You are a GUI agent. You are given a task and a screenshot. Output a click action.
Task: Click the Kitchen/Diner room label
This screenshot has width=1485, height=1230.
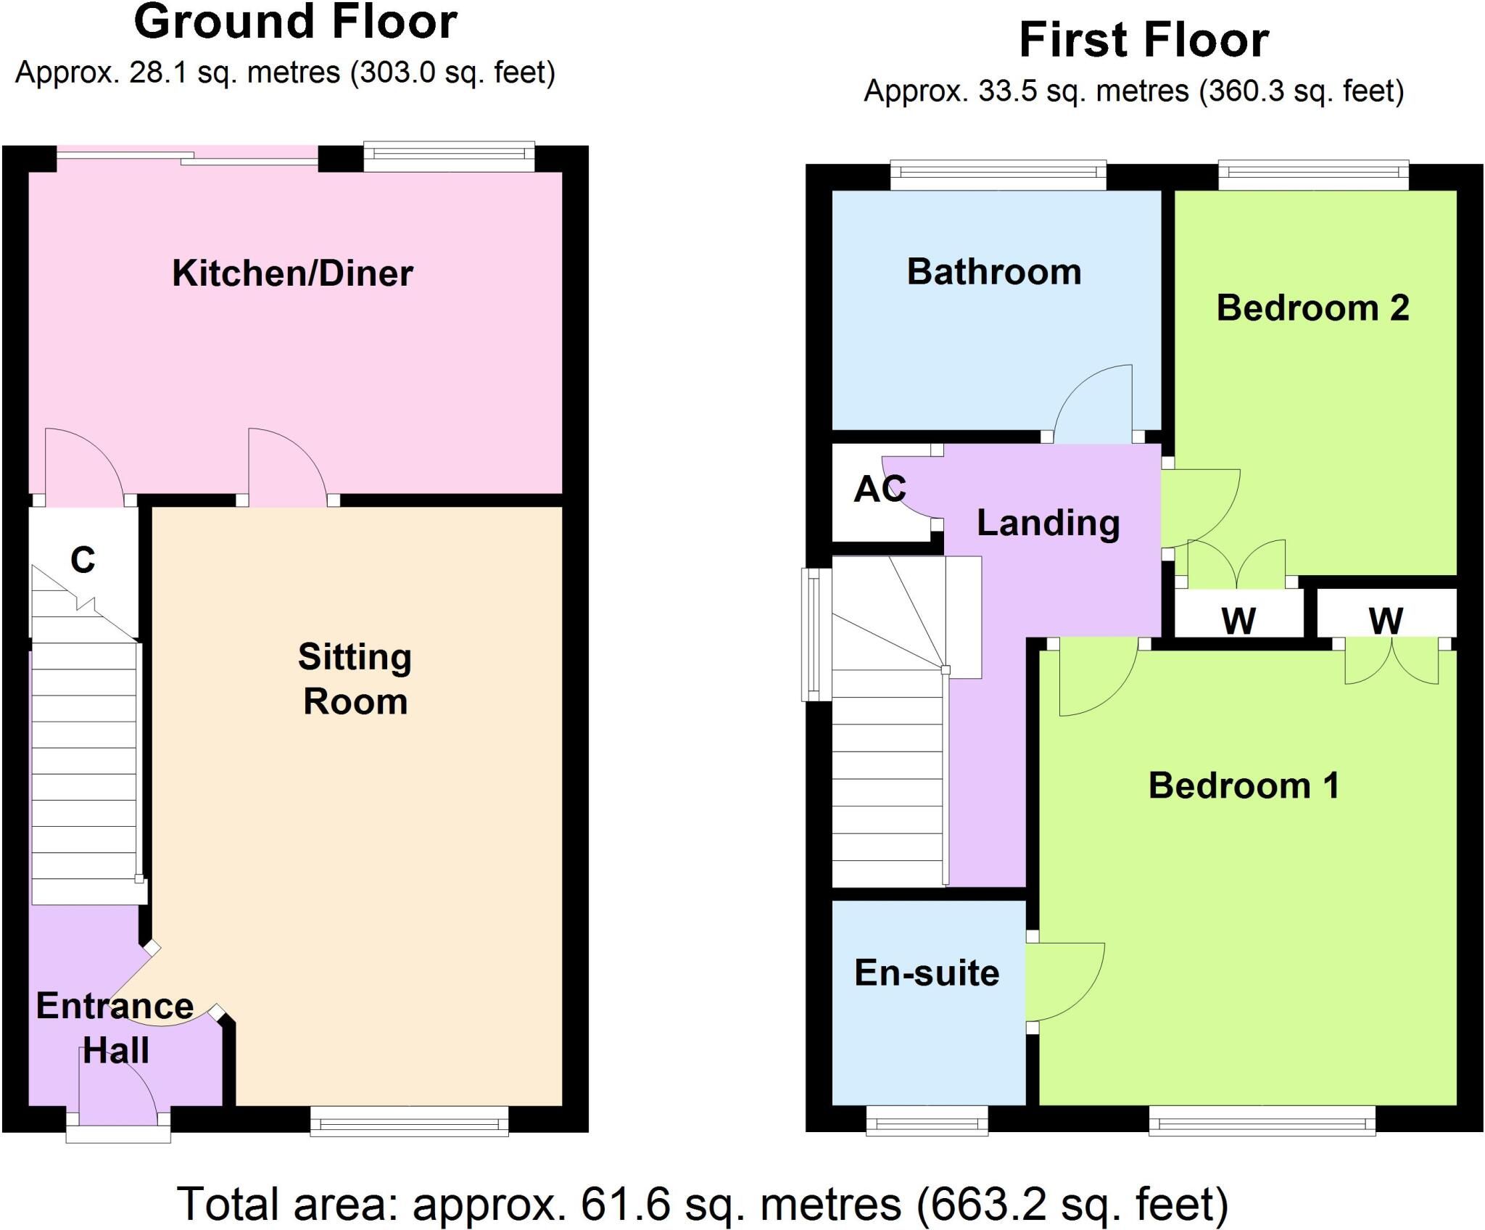(292, 274)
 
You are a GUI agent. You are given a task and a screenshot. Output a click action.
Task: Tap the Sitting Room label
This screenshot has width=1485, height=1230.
(355, 679)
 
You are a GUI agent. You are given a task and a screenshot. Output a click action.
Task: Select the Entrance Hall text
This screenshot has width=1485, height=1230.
(115, 1028)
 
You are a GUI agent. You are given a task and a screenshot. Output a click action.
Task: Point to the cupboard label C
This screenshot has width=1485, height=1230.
(83, 560)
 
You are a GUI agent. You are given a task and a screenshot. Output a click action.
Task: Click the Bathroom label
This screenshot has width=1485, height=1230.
(994, 272)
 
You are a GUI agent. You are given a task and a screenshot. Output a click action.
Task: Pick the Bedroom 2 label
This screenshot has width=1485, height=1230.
(1313, 308)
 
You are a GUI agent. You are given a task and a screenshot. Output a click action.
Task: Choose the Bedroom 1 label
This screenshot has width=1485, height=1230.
(1244, 785)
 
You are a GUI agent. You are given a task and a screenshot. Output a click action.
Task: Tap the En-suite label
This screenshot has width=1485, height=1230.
(927, 973)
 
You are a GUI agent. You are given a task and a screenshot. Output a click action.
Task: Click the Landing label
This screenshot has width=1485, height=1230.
(1048, 524)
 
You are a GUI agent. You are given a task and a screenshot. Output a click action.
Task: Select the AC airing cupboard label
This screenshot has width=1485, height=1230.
(880, 490)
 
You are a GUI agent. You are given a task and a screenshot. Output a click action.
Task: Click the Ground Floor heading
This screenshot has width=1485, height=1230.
(296, 22)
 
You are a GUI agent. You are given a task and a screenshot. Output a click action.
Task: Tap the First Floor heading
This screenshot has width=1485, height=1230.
(1144, 40)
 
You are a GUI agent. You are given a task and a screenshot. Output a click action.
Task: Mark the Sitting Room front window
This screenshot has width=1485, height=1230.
(410, 1123)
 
